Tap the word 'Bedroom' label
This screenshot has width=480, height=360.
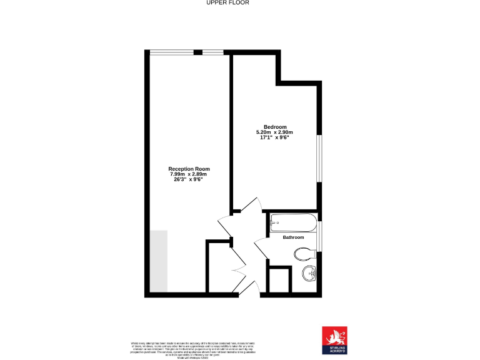pyautogui.click(x=274, y=127)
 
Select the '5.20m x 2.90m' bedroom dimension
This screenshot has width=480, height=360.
pyautogui.click(x=274, y=132)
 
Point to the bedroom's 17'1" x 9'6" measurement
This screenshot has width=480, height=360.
pyautogui.click(x=274, y=138)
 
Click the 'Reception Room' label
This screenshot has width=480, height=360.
pyautogui.click(x=189, y=169)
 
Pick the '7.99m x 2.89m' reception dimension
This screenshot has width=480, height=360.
pyautogui.click(x=189, y=174)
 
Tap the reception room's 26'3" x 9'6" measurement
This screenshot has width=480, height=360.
pyautogui.click(x=189, y=180)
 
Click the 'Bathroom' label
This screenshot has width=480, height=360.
pyautogui.click(x=293, y=237)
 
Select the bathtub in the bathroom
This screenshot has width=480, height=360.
pyautogui.click(x=294, y=222)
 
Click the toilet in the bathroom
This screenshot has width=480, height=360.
pyautogui.click(x=304, y=252)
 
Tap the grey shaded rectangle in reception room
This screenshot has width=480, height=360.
pyautogui.click(x=159, y=261)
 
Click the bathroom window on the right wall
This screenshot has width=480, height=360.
pyautogui.click(x=319, y=236)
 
